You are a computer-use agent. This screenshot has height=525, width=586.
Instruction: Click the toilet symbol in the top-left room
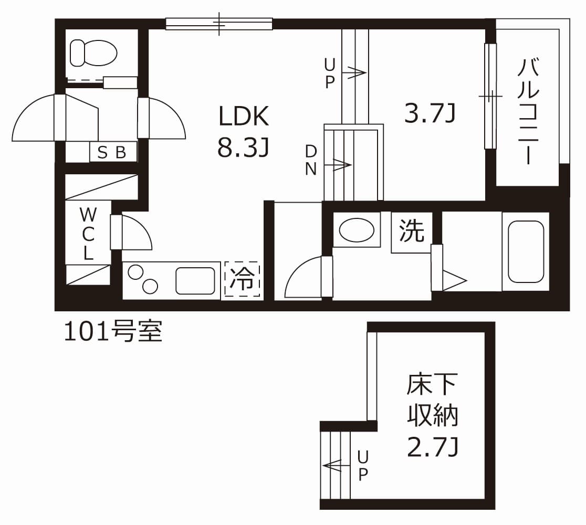[x=93, y=53]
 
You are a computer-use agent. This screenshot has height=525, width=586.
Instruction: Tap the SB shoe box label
[x=112, y=152]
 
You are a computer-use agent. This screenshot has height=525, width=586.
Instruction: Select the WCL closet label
[x=88, y=234]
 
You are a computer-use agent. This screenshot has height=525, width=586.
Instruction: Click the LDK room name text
[x=244, y=117]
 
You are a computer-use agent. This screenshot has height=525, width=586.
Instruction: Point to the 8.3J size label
[x=244, y=149]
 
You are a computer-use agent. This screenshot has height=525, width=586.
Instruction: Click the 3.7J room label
[x=428, y=113]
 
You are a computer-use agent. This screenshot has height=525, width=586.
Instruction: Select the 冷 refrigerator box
[x=243, y=280]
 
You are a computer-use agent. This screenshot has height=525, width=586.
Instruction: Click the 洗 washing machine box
[x=412, y=232]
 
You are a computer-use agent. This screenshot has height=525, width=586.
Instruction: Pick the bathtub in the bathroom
[x=526, y=251]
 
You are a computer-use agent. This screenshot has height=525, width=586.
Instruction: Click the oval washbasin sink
[x=357, y=229]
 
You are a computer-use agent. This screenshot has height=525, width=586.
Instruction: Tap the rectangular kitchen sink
[x=195, y=281]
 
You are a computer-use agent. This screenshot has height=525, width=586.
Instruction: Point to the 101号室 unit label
[x=113, y=332]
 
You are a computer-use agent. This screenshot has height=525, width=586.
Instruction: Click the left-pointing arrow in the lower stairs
[x=333, y=465]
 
